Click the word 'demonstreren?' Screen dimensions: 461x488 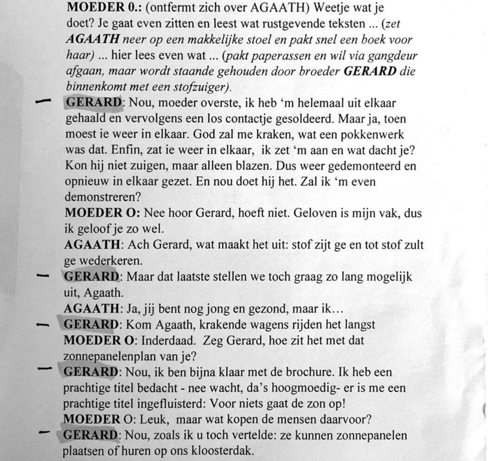pyautogui.click(x=103, y=197)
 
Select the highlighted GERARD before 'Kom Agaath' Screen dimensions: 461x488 pyautogui.click(x=90, y=324)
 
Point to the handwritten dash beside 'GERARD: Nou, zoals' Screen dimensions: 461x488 pyautogui.click(x=45, y=432)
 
